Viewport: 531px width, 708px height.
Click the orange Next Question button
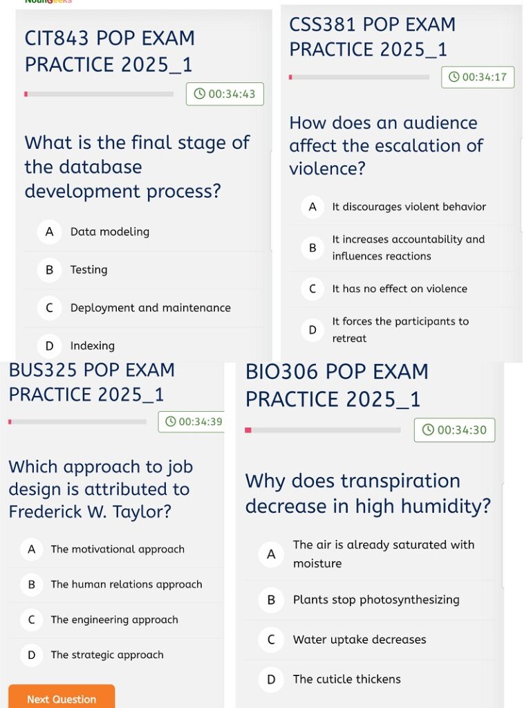coord(61,698)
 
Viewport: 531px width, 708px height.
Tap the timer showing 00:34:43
coord(225,94)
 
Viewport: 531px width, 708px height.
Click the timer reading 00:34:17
coord(478,77)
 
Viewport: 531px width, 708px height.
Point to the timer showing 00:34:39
coord(194,421)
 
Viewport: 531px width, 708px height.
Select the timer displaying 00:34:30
coord(455,430)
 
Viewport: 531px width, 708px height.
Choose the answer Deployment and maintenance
coord(150,308)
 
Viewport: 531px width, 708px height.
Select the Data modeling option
coord(109,232)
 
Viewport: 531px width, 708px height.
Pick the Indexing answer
coord(92,345)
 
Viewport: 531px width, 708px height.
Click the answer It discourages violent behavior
coord(409,207)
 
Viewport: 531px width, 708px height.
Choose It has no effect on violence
coord(399,289)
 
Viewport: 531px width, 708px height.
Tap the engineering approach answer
coord(114,619)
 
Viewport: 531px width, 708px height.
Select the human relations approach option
coord(126,584)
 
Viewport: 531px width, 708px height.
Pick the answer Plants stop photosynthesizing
coord(375,600)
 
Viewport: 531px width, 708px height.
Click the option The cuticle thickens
coord(346,679)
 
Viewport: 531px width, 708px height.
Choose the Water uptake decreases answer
coord(359,639)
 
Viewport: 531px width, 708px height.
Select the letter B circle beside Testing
coord(49,270)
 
